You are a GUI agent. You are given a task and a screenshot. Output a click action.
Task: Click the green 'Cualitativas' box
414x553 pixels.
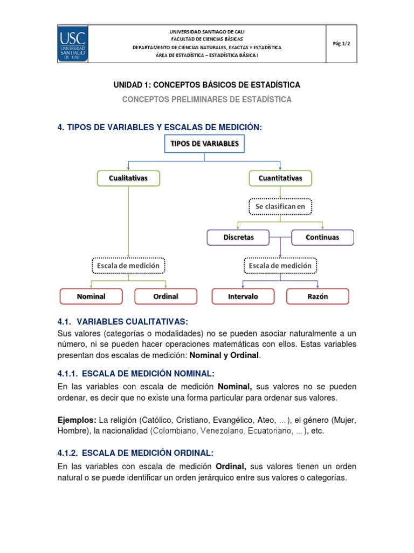(128, 178)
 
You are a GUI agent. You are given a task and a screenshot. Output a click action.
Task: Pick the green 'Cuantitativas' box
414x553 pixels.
(280, 178)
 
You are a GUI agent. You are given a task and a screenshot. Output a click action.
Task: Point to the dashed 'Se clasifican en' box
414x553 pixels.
(280, 206)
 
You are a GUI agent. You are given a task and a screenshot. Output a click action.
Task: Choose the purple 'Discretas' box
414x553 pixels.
(238, 237)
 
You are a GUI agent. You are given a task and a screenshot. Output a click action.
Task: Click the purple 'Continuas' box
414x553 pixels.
(322, 237)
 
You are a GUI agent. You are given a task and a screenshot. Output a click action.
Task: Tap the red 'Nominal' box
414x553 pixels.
(91, 296)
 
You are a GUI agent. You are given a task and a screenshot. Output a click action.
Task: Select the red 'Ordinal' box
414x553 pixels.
(165, 296)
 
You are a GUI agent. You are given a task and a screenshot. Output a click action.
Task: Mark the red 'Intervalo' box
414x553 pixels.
(243, 296)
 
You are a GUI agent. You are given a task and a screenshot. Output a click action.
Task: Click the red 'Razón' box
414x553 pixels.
(318, 296)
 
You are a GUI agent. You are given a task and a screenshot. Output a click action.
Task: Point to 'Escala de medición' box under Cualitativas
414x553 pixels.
(128, 266)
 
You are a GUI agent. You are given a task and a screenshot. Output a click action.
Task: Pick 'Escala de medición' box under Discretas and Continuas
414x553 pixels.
(280, 266)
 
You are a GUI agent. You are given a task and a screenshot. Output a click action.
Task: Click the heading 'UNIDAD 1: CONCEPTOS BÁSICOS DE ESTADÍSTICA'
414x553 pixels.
(206, 85)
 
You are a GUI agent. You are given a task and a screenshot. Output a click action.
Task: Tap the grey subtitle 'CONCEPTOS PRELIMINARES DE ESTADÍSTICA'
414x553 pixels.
(206, 99)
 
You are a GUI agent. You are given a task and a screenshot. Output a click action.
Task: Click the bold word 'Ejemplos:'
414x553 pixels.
(77, 420)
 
